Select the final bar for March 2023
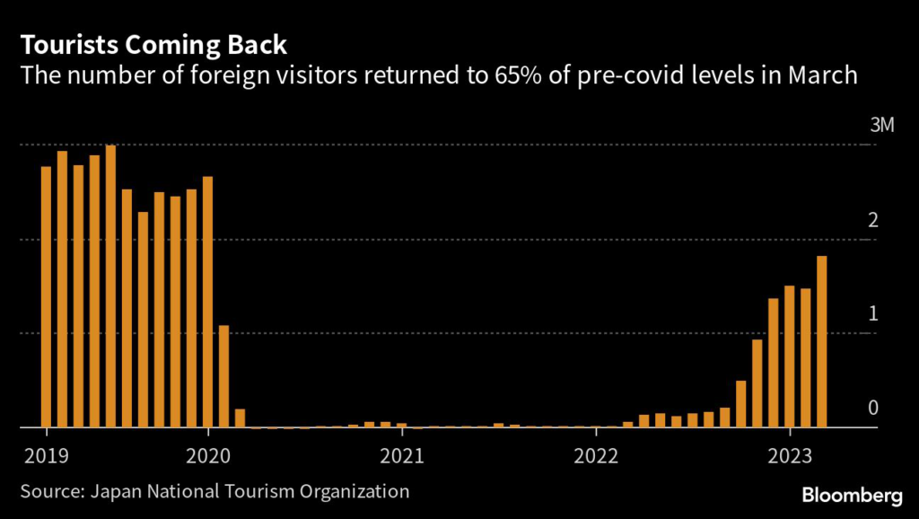click(821, 341)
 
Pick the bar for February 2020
click(223, 376)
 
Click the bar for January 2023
click(789, 356)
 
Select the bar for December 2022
click(773, 363)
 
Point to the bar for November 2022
click(757, 383)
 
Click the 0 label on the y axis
click(873, 408)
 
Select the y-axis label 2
click(873, 220)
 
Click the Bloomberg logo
click(852, 495)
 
